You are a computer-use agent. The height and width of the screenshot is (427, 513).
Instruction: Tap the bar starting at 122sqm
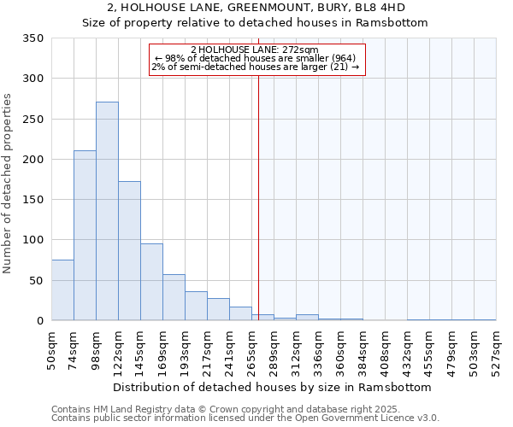pos(129,251)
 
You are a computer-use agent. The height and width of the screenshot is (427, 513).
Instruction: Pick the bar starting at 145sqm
pos(151,282)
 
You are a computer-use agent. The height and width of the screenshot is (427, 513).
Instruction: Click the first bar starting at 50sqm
pos(62,290)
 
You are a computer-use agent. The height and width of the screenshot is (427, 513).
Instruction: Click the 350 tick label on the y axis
pos(33,38)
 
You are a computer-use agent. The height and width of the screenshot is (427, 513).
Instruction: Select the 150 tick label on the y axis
pos(33,200)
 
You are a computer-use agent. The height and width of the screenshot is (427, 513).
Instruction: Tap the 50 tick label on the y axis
pos(37,280)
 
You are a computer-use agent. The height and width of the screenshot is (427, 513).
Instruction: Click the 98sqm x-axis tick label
pos(96,348)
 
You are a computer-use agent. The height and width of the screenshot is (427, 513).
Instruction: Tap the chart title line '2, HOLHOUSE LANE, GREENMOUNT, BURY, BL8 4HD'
pos(256,8)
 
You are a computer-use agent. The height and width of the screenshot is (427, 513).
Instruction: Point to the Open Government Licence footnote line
pos(245,418)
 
